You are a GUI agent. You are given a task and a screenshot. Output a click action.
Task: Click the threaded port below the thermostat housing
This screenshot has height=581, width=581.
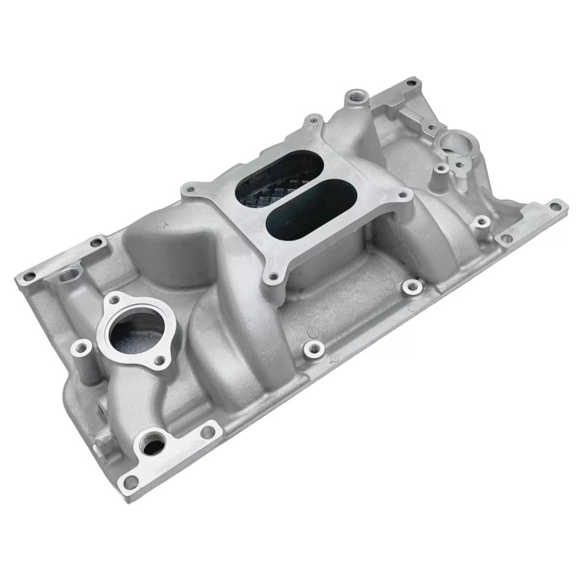[x=153, y=444]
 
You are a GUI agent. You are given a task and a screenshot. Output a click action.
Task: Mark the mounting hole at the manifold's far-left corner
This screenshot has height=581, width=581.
[x=30, y=277]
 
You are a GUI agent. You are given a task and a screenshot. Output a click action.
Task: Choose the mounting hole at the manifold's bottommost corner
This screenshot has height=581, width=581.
[x=131, y=482]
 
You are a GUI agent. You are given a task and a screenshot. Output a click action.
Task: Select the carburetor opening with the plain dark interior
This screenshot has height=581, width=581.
[x=302, y=212]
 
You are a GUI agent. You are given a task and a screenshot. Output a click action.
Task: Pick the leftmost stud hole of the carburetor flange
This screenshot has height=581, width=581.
[x=191, y=191]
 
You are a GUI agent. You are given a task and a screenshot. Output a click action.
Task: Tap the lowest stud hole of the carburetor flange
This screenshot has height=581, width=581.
[x=274, y=276]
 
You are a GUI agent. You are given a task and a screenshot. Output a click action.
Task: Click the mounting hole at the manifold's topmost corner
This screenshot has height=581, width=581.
[x=414, y=81]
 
